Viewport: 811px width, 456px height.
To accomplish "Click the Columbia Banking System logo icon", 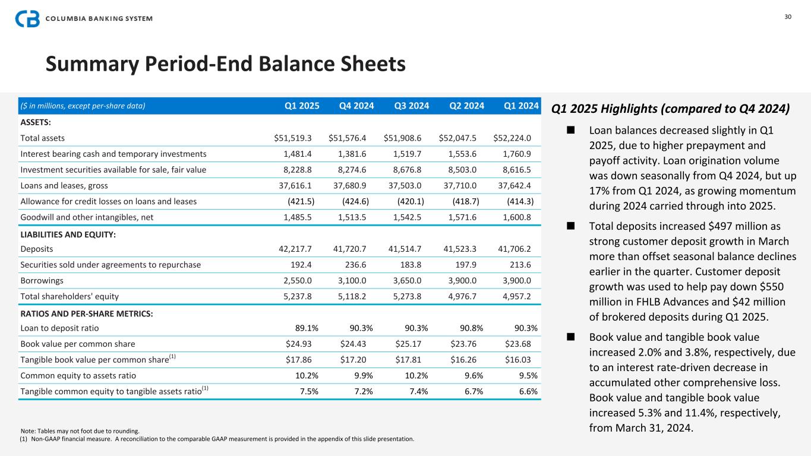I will (x=27, y=18).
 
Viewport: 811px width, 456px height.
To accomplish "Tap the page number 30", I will (x=788, y=17).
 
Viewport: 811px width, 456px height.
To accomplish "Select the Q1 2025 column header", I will (x=302, y=106).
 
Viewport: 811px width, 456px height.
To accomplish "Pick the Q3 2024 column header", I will (x=411, y=106).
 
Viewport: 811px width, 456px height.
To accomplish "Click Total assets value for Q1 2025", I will (x=294, y=138).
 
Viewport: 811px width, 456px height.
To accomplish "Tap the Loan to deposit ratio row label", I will (x=59, y=328).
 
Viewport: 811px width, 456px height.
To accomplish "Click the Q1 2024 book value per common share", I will (x=516, y=344).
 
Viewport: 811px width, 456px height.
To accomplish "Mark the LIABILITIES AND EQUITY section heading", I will (x=68, y=235).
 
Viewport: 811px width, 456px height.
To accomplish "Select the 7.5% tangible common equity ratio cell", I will (x=305, y=391).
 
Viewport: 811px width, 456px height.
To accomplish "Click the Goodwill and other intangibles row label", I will (x=87, y=217).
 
